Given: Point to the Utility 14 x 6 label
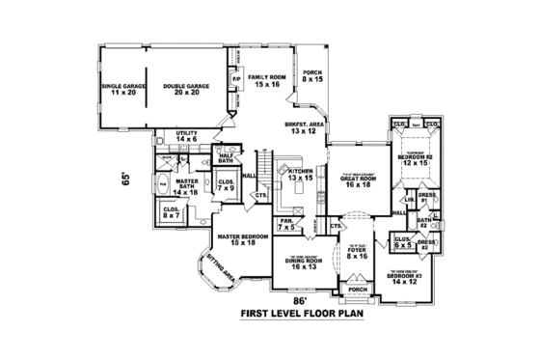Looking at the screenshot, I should (x=187, y=136).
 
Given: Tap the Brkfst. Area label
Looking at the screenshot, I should (x=302, y=126).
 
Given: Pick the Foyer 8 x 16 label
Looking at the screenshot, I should (x=357, y=254).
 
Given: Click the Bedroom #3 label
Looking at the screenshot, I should (x=404, y=278).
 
